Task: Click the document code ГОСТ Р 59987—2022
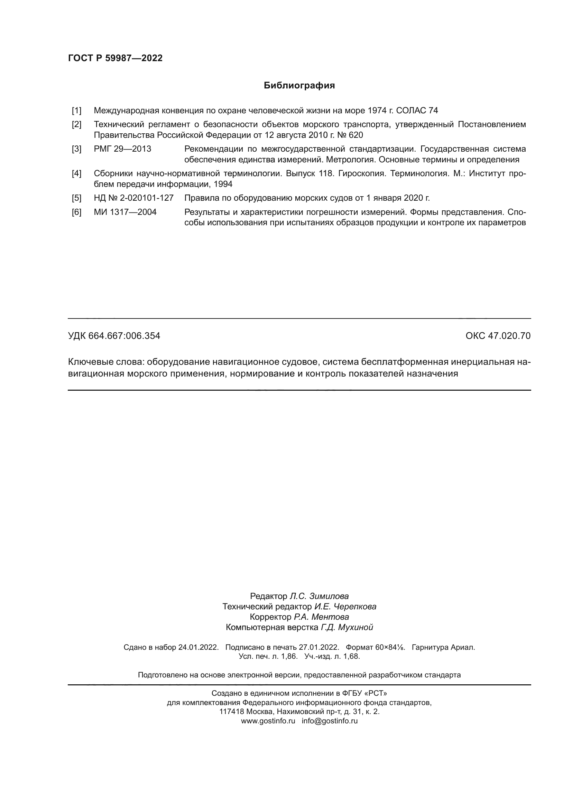[115, 58]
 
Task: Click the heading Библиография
[299, 86]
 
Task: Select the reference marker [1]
[76, 111]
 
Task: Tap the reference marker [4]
[76, 173]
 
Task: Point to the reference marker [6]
[76, 212]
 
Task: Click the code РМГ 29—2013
[122, 149]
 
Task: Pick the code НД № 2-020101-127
[133, 198]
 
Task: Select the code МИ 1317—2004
[125, 212]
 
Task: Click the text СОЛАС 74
[417, 111]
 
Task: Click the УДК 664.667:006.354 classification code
[114, 336]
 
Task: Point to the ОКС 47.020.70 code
[498, 336]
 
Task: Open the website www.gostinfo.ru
[268, 721]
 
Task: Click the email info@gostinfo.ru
[330, 721]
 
